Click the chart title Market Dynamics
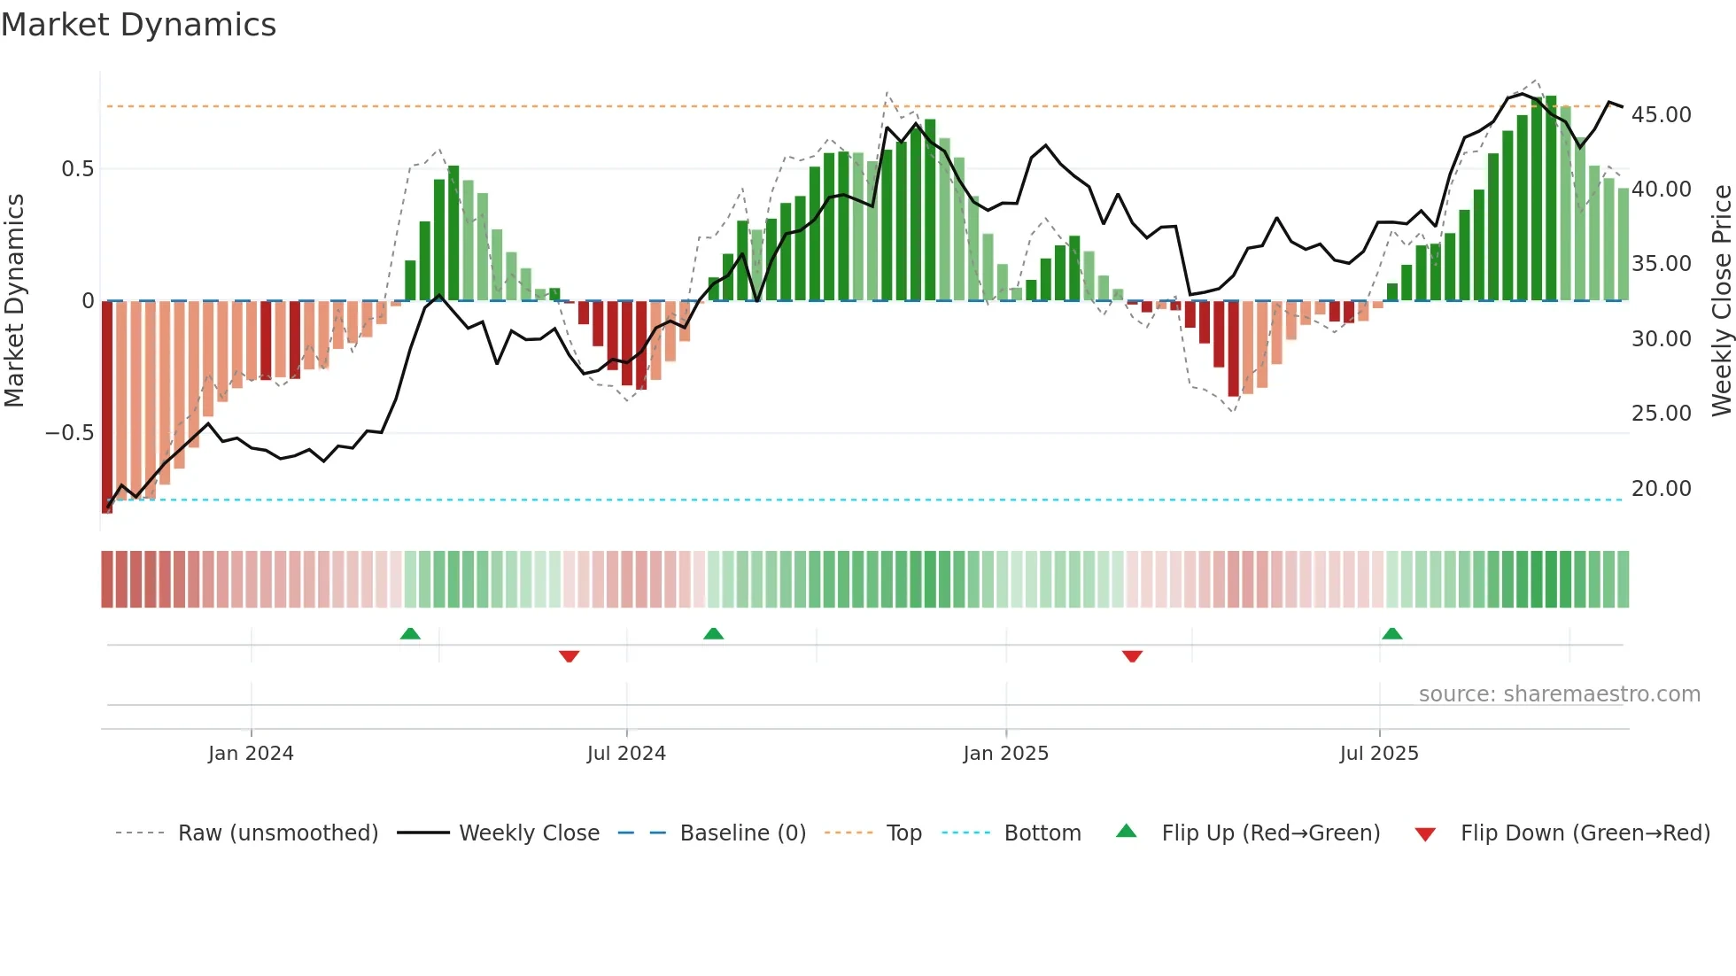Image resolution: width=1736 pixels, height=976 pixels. coord(138,25)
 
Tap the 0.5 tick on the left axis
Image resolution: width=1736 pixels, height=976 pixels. coord(77,169)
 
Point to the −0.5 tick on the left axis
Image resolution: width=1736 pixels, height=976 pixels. coord(69,433)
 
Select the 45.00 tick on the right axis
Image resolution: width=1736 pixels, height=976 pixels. coord(1661,115)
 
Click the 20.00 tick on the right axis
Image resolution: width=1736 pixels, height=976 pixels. coord(1661,489)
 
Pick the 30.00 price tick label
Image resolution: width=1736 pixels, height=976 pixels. coord(1661,339)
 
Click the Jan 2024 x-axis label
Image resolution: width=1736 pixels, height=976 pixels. coord(251,754)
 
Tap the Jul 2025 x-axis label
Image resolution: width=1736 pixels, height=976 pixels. coord(1378,754)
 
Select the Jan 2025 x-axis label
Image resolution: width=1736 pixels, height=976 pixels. coord(1005,754)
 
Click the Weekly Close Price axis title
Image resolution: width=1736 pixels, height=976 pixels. coord(1721,301)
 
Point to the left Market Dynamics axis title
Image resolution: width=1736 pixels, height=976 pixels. coord(14,301)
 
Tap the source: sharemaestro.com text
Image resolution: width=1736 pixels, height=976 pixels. coord(1559,694)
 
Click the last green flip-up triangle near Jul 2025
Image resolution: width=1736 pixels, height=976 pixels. coord(1391,633)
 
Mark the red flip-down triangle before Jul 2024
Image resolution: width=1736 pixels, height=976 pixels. coord(569,656)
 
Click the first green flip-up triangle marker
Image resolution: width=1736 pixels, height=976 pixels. coord(410,633)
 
